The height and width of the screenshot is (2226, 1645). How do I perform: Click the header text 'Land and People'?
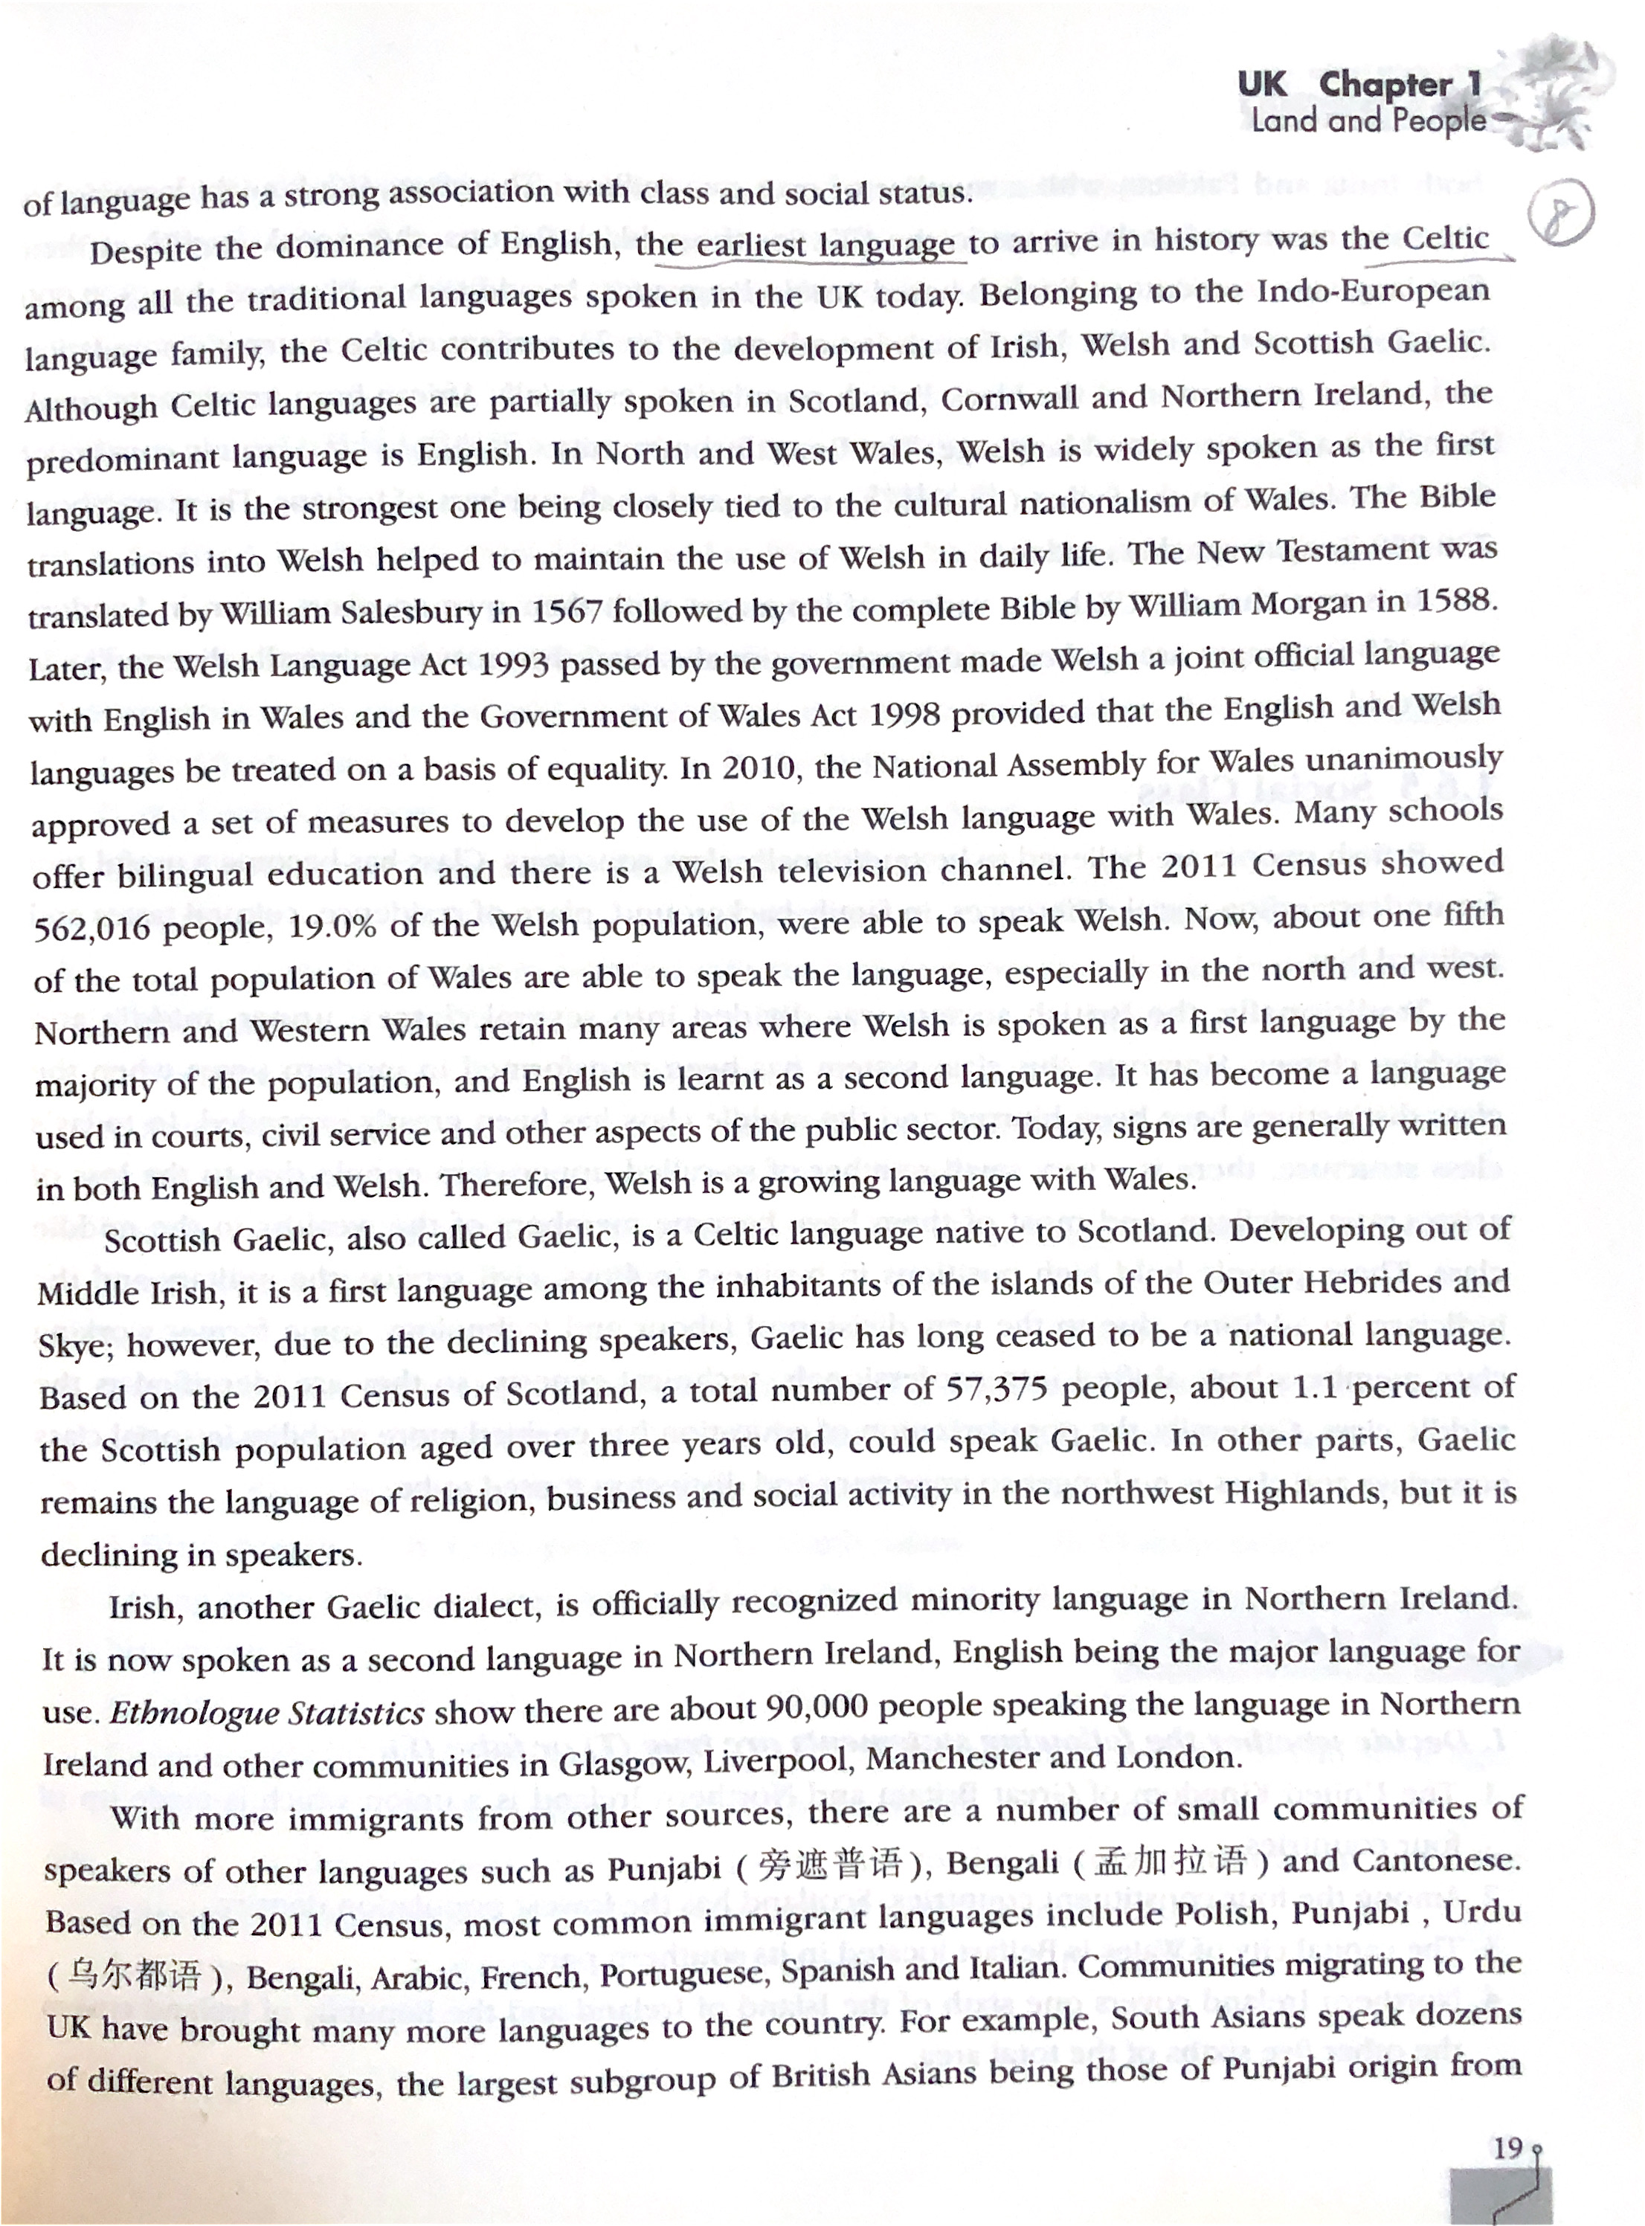tap(1367, 121)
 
